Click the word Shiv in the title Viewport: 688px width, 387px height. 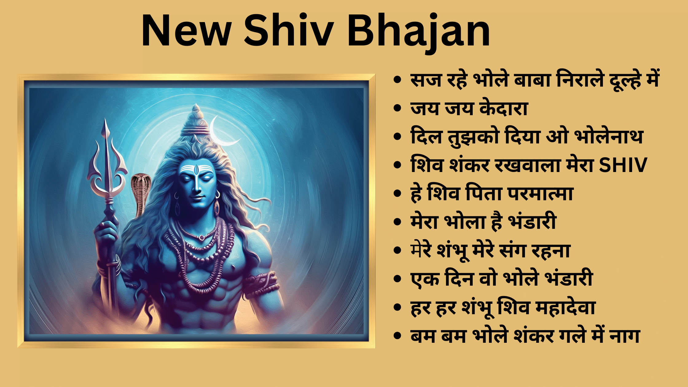click(289, 31)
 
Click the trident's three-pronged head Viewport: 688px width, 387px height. click(107, 163)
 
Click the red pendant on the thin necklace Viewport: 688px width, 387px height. click(201, 237)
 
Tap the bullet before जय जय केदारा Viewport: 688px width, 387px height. click(397, 108)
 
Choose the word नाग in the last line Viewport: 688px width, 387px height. click(624, 335)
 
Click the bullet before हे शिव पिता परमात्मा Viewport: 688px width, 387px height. click(397, 193)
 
